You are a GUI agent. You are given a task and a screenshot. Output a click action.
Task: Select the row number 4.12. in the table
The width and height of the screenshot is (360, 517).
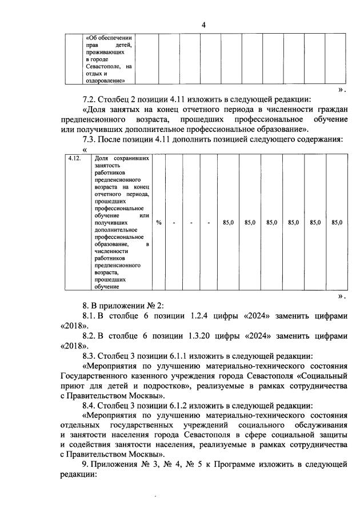[x=74, y=158]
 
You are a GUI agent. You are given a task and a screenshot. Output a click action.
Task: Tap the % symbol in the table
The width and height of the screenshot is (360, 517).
[x=158, y=222]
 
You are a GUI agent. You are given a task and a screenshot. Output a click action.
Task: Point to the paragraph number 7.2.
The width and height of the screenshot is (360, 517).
[x=91, y=96]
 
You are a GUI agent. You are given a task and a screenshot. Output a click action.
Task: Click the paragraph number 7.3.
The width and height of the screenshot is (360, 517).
[x=91, y=139]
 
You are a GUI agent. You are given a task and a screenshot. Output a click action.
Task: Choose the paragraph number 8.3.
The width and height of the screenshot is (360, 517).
[x=91, y=355]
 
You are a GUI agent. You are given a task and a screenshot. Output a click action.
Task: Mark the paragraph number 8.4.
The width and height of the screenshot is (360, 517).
[x=91, y=404]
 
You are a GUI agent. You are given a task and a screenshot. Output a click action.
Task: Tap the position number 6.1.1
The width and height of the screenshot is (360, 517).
[x=188, y=355]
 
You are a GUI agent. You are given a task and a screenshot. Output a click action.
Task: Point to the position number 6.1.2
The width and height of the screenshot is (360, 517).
[x=188, y=404]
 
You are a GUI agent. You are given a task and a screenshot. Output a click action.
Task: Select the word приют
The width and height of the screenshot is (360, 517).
[x=71, y=386]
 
